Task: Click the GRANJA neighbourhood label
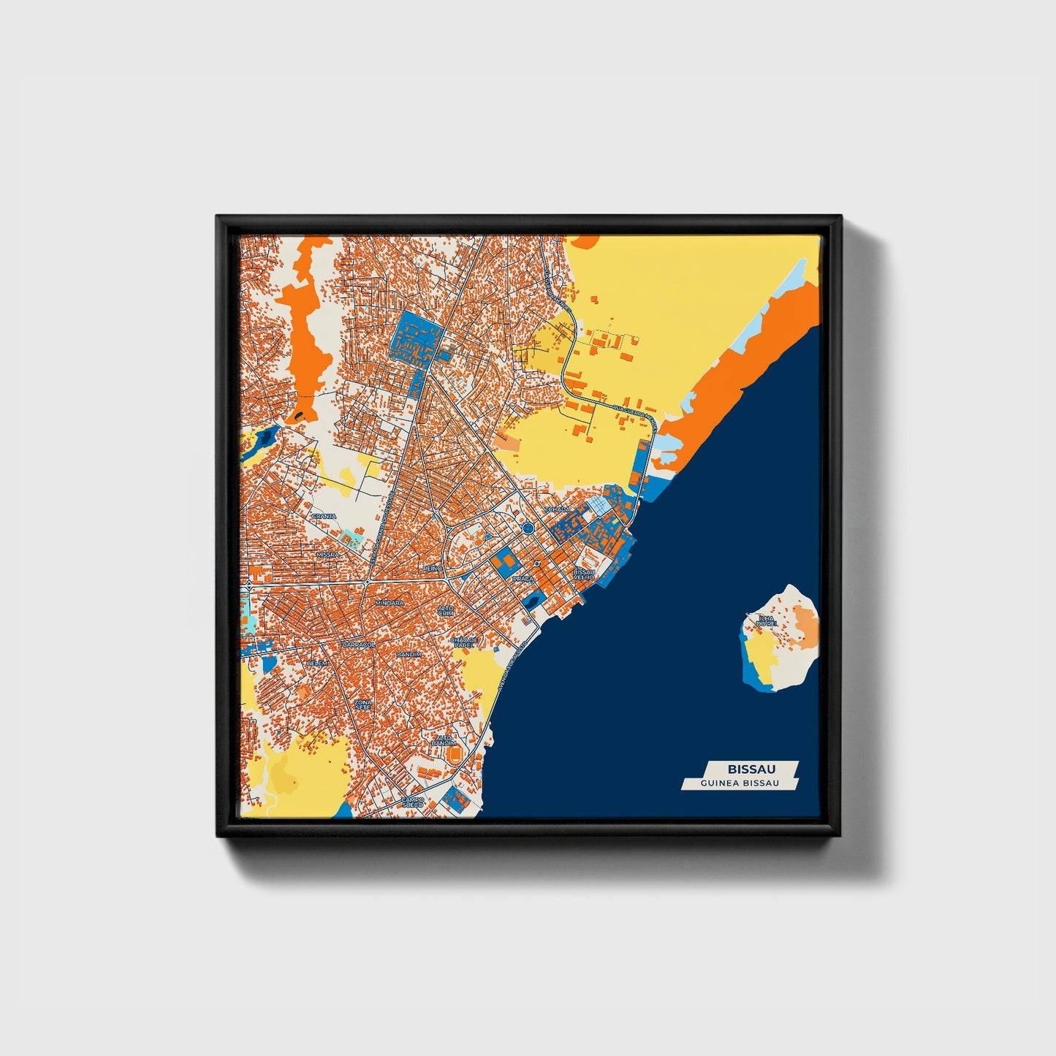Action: coord(324,516)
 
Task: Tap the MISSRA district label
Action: coord(328,555)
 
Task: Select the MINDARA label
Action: coord(389,603)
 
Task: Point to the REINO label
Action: coord(433,567)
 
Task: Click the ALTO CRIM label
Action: coord(445,609)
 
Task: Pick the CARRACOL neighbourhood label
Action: coord(359,645)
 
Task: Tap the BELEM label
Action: coord(317,663)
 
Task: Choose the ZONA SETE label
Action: coord(363,705)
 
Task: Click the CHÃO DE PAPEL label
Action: coord(464,642)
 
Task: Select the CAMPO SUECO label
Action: coord(412,802)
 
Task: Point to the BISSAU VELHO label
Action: coord(585,574)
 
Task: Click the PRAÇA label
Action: coord(523,578)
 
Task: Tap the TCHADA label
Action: coord(558,509)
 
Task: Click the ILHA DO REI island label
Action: coord(767,620)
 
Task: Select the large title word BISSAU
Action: coord(751,769)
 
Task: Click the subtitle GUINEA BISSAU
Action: coord(739,783)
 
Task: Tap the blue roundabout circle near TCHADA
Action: coord(528,527)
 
